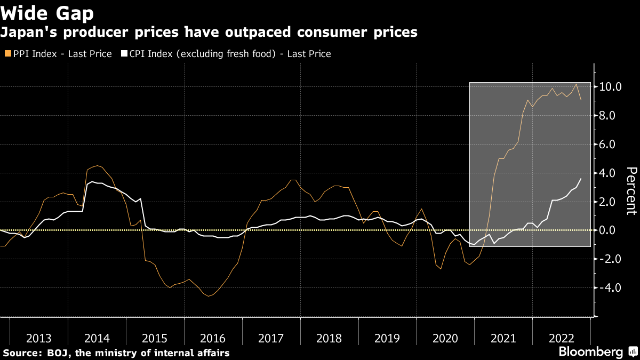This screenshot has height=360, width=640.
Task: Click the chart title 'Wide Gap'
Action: [x=47, y=12]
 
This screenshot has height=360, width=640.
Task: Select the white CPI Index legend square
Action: [x=124, y=54]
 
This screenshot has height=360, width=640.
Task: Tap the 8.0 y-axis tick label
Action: [x=610, y=116]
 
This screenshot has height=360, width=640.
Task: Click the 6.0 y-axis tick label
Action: [x=610, y=145]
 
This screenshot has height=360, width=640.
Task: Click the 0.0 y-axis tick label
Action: [x=610, y=230]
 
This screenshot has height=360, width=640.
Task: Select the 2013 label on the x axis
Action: [x=39, y=339]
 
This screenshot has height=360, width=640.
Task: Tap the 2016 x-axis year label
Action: [x=213, y=339]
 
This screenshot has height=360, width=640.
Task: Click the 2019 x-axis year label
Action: [x=387, y=339]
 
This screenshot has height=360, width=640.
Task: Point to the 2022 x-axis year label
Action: [x=561, y=339]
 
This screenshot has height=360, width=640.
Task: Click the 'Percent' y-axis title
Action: [x=631, y=190]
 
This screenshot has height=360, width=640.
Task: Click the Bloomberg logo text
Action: [x=590, y=352]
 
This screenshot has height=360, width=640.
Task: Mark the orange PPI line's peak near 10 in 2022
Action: [x=576, y=84]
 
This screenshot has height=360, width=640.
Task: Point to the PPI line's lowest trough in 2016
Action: [x=208, y=296]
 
